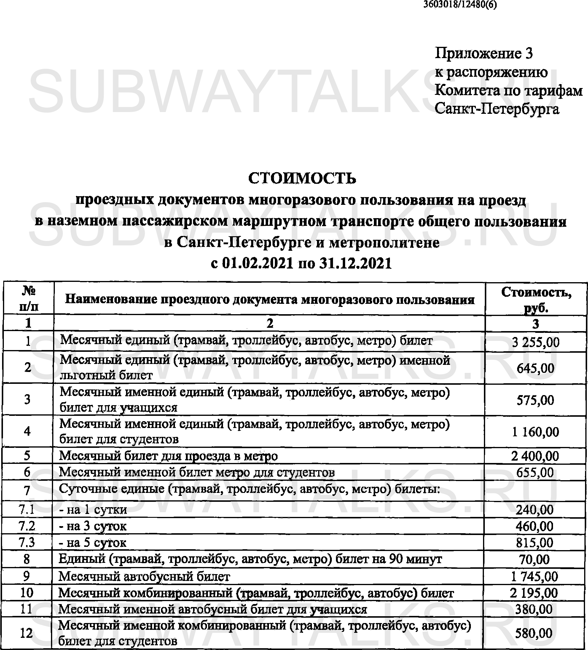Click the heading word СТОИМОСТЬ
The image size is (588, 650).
[302, 178]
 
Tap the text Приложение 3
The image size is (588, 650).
[484, 53]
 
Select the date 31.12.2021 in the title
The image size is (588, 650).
[355, 263]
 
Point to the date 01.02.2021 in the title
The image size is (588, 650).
[258, 263]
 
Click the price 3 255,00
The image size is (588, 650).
[536, 342]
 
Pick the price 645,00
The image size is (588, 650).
[536, 368]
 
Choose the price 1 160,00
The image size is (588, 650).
[536, 432]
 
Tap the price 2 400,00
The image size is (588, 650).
[535, 456]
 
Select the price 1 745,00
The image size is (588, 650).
[534, 576]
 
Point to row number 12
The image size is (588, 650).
[26, 633]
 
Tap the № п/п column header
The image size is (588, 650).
[29, 298]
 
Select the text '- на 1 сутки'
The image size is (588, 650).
[93, 510]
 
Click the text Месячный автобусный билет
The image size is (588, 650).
[144, 576]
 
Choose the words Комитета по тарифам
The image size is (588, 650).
[508, 91]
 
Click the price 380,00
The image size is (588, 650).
[534, 609]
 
